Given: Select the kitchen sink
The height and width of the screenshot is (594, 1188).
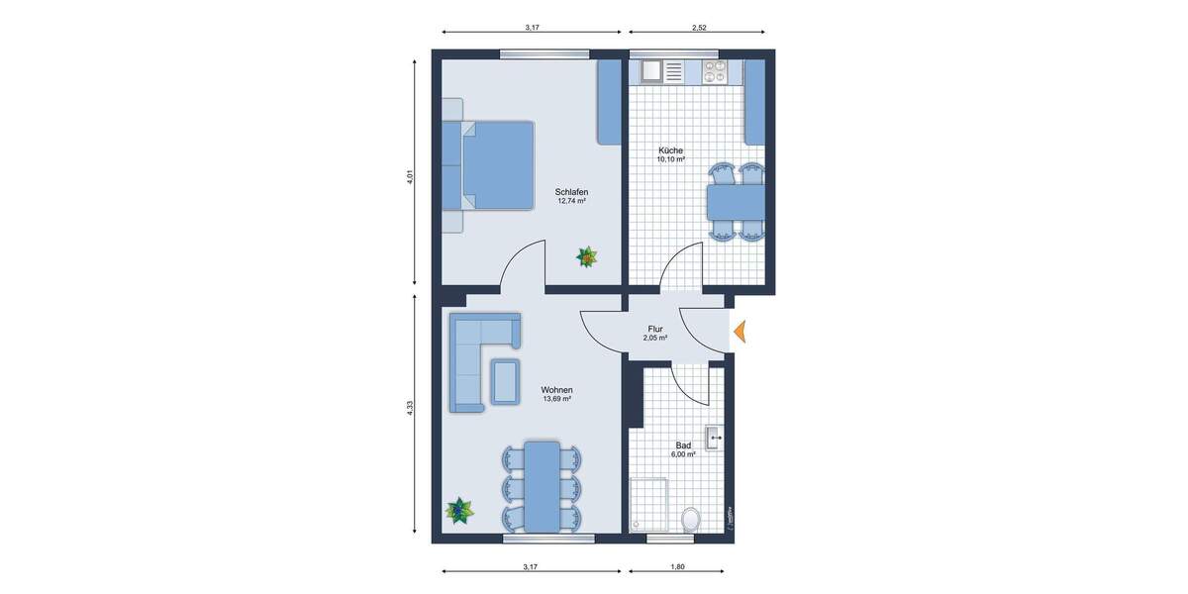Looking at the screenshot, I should [652, 71].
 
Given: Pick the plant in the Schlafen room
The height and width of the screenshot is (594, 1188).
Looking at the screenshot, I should [587, 257].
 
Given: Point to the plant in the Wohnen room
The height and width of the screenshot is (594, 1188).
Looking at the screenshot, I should [459, 511].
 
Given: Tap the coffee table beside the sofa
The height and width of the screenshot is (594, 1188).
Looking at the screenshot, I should [505, 381].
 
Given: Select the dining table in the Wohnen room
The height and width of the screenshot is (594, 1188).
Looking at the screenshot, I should [542, 486].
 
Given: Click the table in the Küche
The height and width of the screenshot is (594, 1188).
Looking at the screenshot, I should [736, 204].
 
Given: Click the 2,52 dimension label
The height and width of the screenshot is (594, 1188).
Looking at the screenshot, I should [700, 27].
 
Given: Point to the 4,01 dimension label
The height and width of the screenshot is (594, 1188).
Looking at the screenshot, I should [409, 177].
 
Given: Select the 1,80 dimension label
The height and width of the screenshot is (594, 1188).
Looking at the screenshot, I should [677, 567].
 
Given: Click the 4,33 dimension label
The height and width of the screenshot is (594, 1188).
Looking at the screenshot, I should [409, 409].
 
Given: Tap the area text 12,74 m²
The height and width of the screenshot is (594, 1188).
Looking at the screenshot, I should [571, 201].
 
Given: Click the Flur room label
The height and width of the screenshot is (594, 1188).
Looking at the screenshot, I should [654, 328].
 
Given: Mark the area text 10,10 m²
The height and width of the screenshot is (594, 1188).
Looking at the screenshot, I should [671, 159].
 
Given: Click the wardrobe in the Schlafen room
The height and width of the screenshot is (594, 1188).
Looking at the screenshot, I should [608, 103].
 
